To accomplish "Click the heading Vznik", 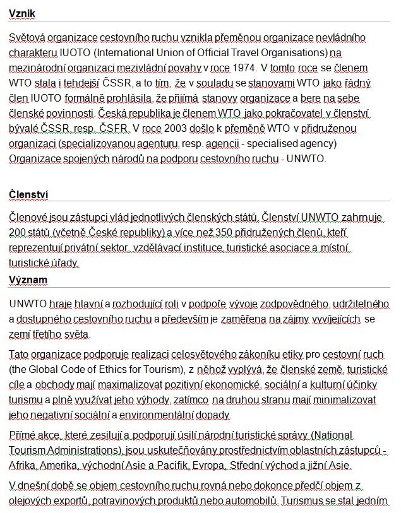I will pyautogui.click(x=22, y=13).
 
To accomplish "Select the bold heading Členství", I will pyautogui.click(x=28, y=194).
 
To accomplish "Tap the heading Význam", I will pyautogui.click(x=28, y=280).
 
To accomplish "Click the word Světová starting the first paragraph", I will pyautogui.click(x=27, y=38).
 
